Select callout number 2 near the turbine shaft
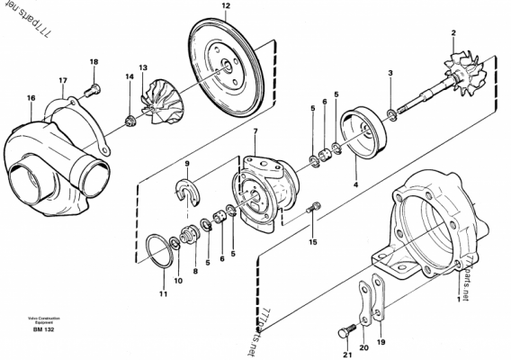pos(453,33)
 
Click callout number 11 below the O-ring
pos(163,294)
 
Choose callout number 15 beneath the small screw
pos(313,241)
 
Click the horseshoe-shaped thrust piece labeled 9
pos(190,195)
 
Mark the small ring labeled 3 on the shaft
pos(391,112)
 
